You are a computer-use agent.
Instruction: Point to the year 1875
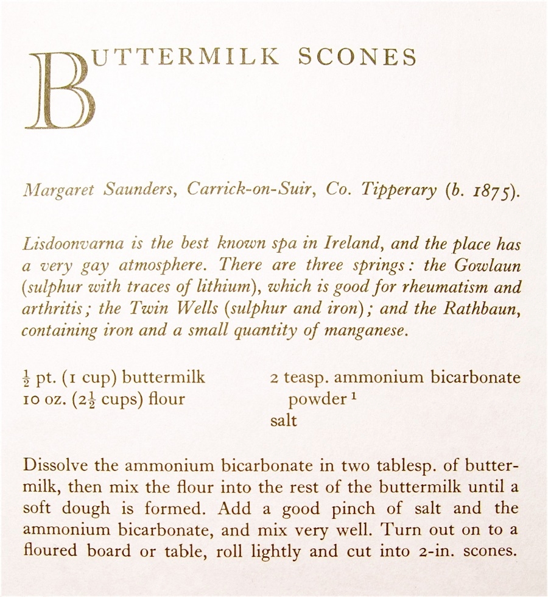(x=491, y=191)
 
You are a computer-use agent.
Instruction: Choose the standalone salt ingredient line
(x=283, y=420)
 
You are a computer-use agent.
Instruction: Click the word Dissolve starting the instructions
(x=55, y=467)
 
